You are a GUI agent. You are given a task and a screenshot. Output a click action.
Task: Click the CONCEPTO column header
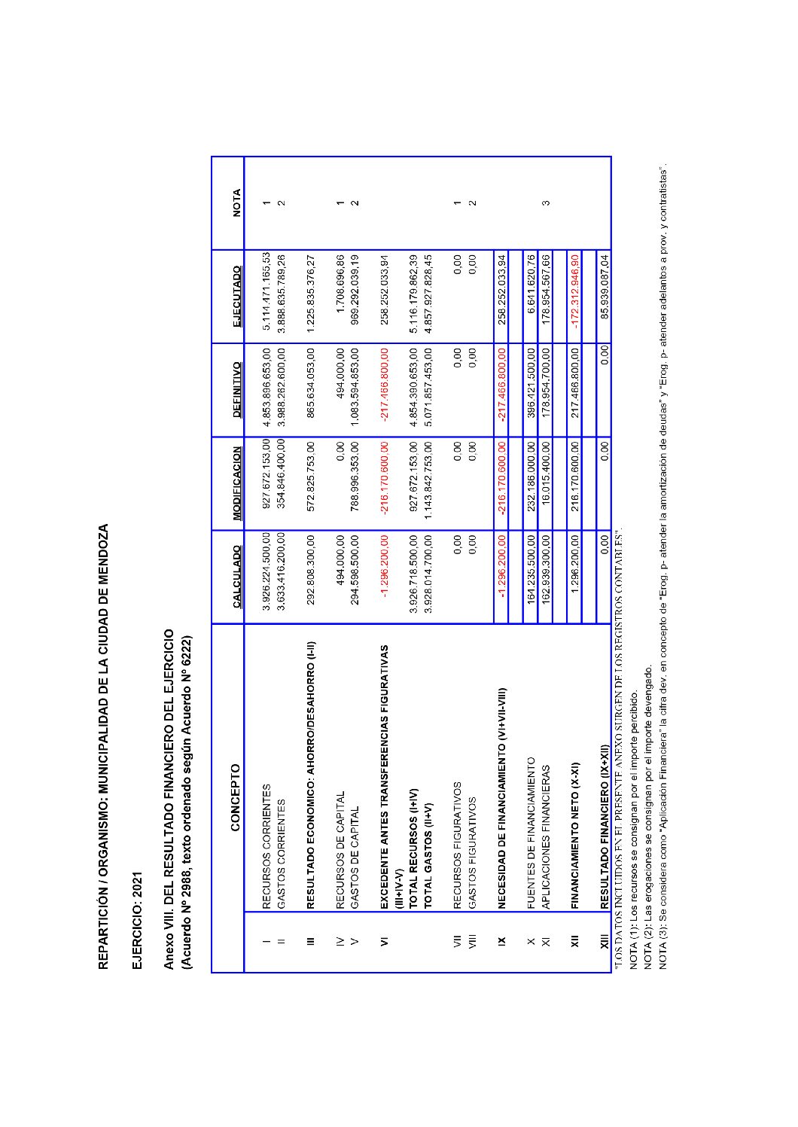[x=236, y=798]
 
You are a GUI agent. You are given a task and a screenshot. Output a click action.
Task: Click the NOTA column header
[x=236, y=203]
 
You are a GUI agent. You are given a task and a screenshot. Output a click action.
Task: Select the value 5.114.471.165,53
[x=267, y=296]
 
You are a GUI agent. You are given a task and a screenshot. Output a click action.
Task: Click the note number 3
[x=545, y=202]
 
